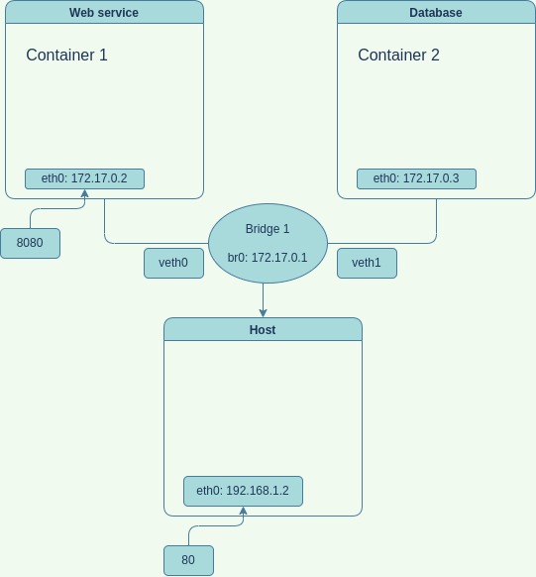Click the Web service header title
pyautogui.click(x=104, y=13)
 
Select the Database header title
pyautogui.click(x=436, y=13)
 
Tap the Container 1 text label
pyautogui.click(x=66, y=56)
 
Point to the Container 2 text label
pyautogui.click(x=398, y=56)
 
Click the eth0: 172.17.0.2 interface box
pyautogui.click(x=84, y=178)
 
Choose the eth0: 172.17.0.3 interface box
pyautogui.click(x=416, y=178)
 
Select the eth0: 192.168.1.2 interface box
pyautogui.click(x=243, y=491)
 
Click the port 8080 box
pyautogui.click(x=30, y=243)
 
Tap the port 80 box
pyautogui.click(x=188, y=560)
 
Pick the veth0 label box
pyautogui.click(x=173, y=263)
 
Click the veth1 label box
pyautogui.click(x=367, y=263)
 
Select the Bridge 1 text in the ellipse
pyautogui.click(x=268, y=229)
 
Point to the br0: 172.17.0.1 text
pyautogui.click(x=268, y=258)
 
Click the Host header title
pyautogui.click(x=263, y=330)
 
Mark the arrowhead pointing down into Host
pyautogui.click(x=263, y=312)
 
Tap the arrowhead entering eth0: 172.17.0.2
pyautogui.click(x=84, y=193)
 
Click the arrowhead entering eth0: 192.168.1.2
pyautogui.click(x=243, y=511)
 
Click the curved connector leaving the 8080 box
pyautogui.click(x=50, y=209)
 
